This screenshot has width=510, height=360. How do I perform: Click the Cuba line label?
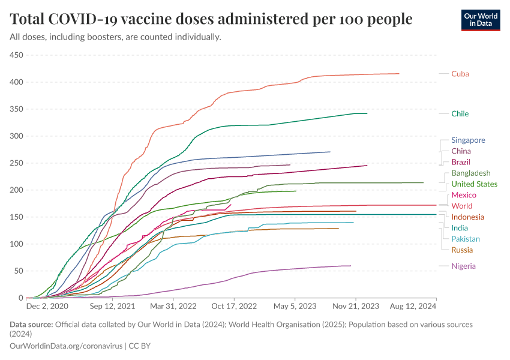click(460, 74)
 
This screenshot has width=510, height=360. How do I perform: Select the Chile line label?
click(460, 113)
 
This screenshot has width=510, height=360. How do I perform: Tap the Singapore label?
click(468, 140)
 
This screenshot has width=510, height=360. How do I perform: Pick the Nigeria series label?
click(464, 266)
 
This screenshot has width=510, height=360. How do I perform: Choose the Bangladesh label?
click(470, 173)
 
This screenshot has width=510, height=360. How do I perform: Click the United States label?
click(474, 184)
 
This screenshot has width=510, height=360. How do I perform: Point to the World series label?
click(461, 206)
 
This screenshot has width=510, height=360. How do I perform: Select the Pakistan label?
click(466, 239)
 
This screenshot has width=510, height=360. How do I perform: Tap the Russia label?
click(462, 250)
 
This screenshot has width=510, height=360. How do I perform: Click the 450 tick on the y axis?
click(16, 55)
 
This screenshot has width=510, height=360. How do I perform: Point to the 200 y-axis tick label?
click(16, 190)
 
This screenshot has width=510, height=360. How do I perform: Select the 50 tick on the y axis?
click(18, 271)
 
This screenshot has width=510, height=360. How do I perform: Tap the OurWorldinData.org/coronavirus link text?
click(66, 346)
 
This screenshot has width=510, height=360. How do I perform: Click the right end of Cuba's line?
click(399, 74)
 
